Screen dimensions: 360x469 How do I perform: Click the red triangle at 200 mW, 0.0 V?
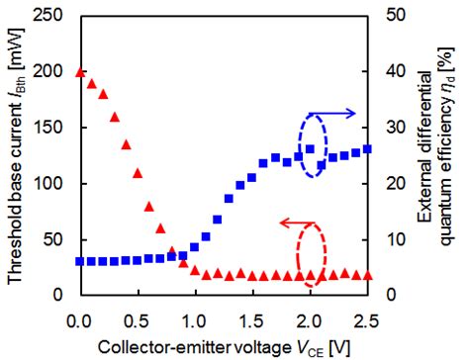[x=79, y=71]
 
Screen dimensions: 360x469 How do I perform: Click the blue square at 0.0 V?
[x=79, y=262]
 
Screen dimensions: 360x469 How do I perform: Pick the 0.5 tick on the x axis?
[x=137, y=319]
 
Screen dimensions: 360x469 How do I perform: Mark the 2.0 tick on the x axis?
[x=311, y=319]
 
